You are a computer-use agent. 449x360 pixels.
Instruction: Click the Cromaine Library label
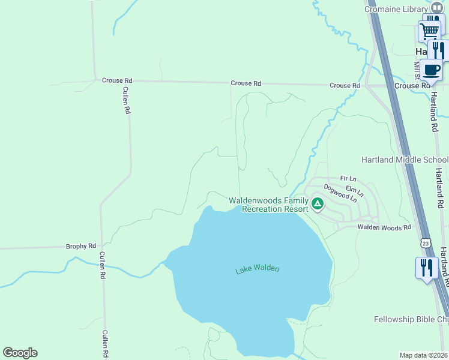pyautogui.click(x=396, y=8)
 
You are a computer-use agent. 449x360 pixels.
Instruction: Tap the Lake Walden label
pyautogui.click(x=257, y=269)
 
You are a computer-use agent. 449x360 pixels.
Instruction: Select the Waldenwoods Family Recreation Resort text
pyautogui.click(x=269, y=205)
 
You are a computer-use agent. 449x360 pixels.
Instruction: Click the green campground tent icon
pyautogui.click(x=318, y=205)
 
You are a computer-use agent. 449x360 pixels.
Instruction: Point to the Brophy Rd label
pyautogui.click(x=81, y=246)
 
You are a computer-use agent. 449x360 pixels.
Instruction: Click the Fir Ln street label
pyautogui.click(x=348, y=179)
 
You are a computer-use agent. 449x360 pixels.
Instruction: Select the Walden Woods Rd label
pyautogui.click(x=384, y=227)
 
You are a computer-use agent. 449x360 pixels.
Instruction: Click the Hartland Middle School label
pyautogui.click(x=405, y=160)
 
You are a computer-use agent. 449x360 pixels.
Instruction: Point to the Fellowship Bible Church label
pyautogui.click(x=411, y=319)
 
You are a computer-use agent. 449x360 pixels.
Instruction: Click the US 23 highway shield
pyautogui.click(x=426, y=243)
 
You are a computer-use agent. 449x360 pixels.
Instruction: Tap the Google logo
pyautogui.click(x=20, y=353)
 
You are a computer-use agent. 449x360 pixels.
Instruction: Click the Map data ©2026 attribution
pyautogui.click(x=424, y=355)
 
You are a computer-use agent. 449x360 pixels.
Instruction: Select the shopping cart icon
pyautogui.click(x=429, y=30)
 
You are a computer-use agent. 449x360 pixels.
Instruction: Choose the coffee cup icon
pyautogui.click(x=431, y=69)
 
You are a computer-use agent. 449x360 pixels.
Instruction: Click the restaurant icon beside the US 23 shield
pyautogui.click(x=427, y=267)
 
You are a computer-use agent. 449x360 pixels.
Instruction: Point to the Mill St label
pyautogui.click(x=417, y=68)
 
